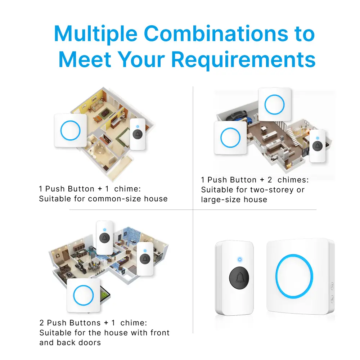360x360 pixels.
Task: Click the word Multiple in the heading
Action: click(96, 34)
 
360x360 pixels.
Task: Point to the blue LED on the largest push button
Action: click(239, 259)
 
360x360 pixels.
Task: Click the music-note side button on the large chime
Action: click(332, 287)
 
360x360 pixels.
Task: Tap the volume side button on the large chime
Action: click(332, 299)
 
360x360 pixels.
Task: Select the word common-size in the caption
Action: click(116, 199)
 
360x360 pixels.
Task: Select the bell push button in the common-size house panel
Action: click(138, 134)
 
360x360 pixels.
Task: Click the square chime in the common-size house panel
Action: click(70, 130)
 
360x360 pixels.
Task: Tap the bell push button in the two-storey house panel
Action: click(317, 145)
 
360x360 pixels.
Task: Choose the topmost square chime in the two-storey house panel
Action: click(274, 105)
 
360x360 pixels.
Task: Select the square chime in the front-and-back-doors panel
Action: click(84, 296)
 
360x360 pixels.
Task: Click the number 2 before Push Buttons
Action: click(42, 323)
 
